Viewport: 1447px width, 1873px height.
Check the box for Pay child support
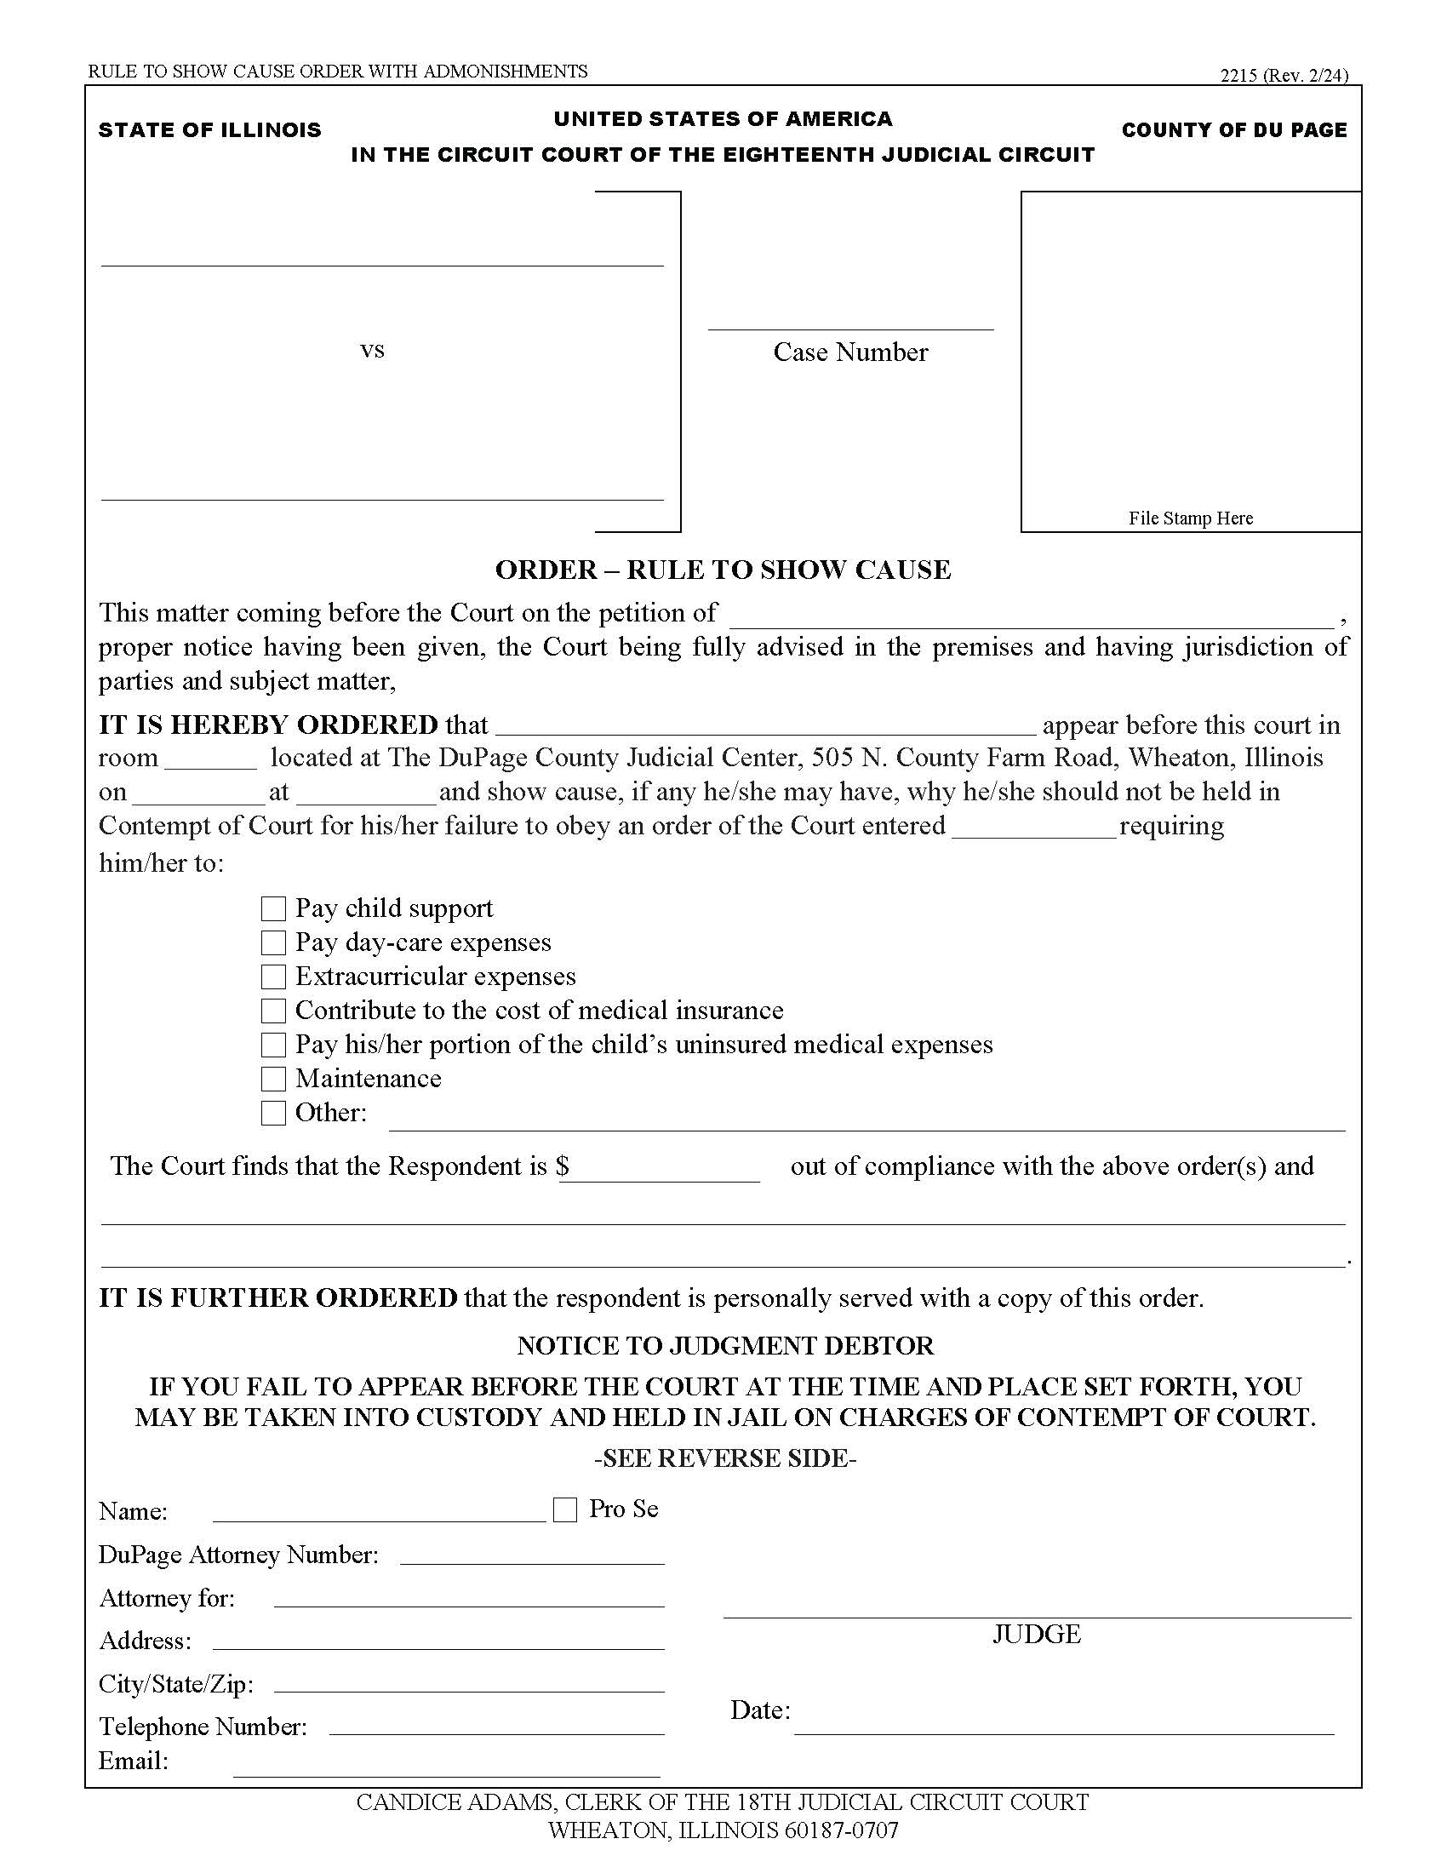point(272,908)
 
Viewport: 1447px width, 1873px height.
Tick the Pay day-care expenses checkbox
point(272,942)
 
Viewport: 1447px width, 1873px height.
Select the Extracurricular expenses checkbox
point(272,977)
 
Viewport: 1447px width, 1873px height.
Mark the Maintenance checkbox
point(272,1079)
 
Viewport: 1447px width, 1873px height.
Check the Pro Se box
point(565,1509)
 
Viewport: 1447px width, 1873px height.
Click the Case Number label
point(850,352)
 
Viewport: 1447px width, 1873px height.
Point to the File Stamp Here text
point(1190,518)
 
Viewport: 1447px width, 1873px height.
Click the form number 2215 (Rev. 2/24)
point(1284,76)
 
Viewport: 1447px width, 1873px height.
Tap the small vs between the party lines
point(372,350)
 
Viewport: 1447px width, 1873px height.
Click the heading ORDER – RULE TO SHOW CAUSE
point(723,570)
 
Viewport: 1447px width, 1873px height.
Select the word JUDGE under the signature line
point(1037,1634)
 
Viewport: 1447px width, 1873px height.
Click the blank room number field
point(210,759)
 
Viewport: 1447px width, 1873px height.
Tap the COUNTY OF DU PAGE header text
point(1233,130)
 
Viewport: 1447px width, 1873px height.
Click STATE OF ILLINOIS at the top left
point(210,130)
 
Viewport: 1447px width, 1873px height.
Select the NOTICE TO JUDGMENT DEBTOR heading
point(725,1345)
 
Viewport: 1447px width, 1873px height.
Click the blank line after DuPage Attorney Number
point(531,1555)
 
